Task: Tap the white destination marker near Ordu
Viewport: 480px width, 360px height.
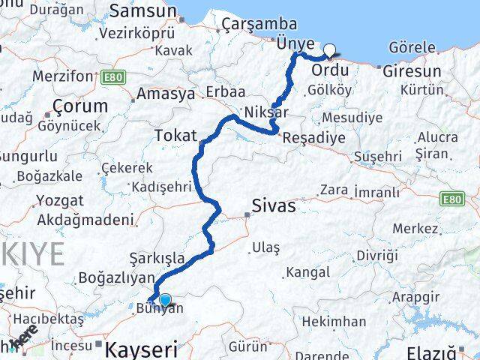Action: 329,51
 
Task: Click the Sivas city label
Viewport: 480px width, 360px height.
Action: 273,205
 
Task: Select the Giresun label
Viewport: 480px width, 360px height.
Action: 411,72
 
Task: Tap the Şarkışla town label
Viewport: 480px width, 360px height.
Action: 157,258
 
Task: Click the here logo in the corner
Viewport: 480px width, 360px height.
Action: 25,336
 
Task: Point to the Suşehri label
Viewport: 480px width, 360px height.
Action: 377,156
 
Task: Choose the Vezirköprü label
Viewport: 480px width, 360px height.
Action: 136,33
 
